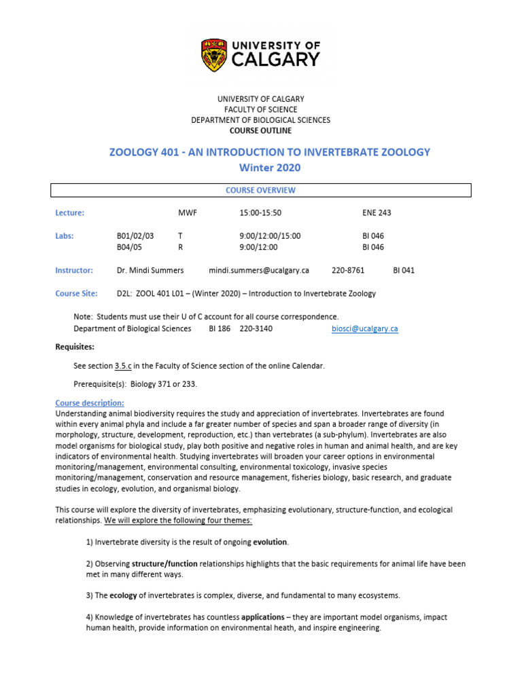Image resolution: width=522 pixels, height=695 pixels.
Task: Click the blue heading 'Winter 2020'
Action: (270, 168)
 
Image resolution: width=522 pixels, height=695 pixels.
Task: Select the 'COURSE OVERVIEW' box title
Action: (260, 191)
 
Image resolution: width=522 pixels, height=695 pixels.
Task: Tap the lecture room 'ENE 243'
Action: (377, 213)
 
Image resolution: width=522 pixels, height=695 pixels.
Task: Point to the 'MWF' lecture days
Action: (187, 213)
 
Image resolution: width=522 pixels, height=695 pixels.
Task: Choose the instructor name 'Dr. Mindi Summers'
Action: (150, 270)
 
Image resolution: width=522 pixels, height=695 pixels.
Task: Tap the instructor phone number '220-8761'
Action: (348, 270)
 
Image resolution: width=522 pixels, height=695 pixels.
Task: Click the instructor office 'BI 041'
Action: (404, 270)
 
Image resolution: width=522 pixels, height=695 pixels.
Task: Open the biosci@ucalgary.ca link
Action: (364, 329)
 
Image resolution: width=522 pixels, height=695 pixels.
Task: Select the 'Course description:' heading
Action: (90, 403)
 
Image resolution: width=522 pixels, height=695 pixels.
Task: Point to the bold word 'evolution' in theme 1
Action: (271, 542)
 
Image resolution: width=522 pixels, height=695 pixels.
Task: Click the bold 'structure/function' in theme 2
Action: (164, 564)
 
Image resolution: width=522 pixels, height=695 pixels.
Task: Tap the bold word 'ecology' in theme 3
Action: (124, 596)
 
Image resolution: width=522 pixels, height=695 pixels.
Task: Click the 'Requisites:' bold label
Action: (75, 347)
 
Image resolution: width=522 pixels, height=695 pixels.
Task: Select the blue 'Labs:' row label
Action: (65, 236)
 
